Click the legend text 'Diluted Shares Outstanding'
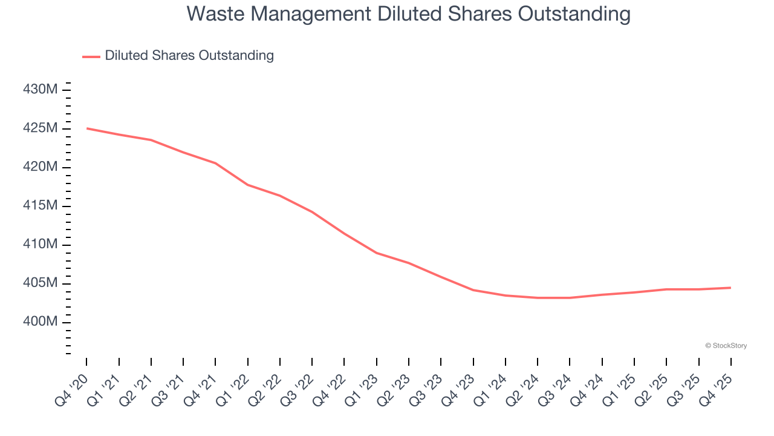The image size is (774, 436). point(189,56)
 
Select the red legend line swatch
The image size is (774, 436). point(91,56)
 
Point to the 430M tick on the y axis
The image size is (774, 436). point(41,90)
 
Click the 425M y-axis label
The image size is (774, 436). point(41,128)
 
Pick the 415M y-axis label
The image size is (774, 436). point(41,206)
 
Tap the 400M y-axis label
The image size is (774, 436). point(41,322)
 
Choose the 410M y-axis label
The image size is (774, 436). point(41,244)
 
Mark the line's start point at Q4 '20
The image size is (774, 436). point(86,128)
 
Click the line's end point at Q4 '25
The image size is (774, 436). point(730,288)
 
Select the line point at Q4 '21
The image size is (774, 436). point(215,163)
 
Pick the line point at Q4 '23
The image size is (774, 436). point(473,290)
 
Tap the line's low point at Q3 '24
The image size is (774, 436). point(570,298)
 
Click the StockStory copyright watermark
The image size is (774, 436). point(726,346)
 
